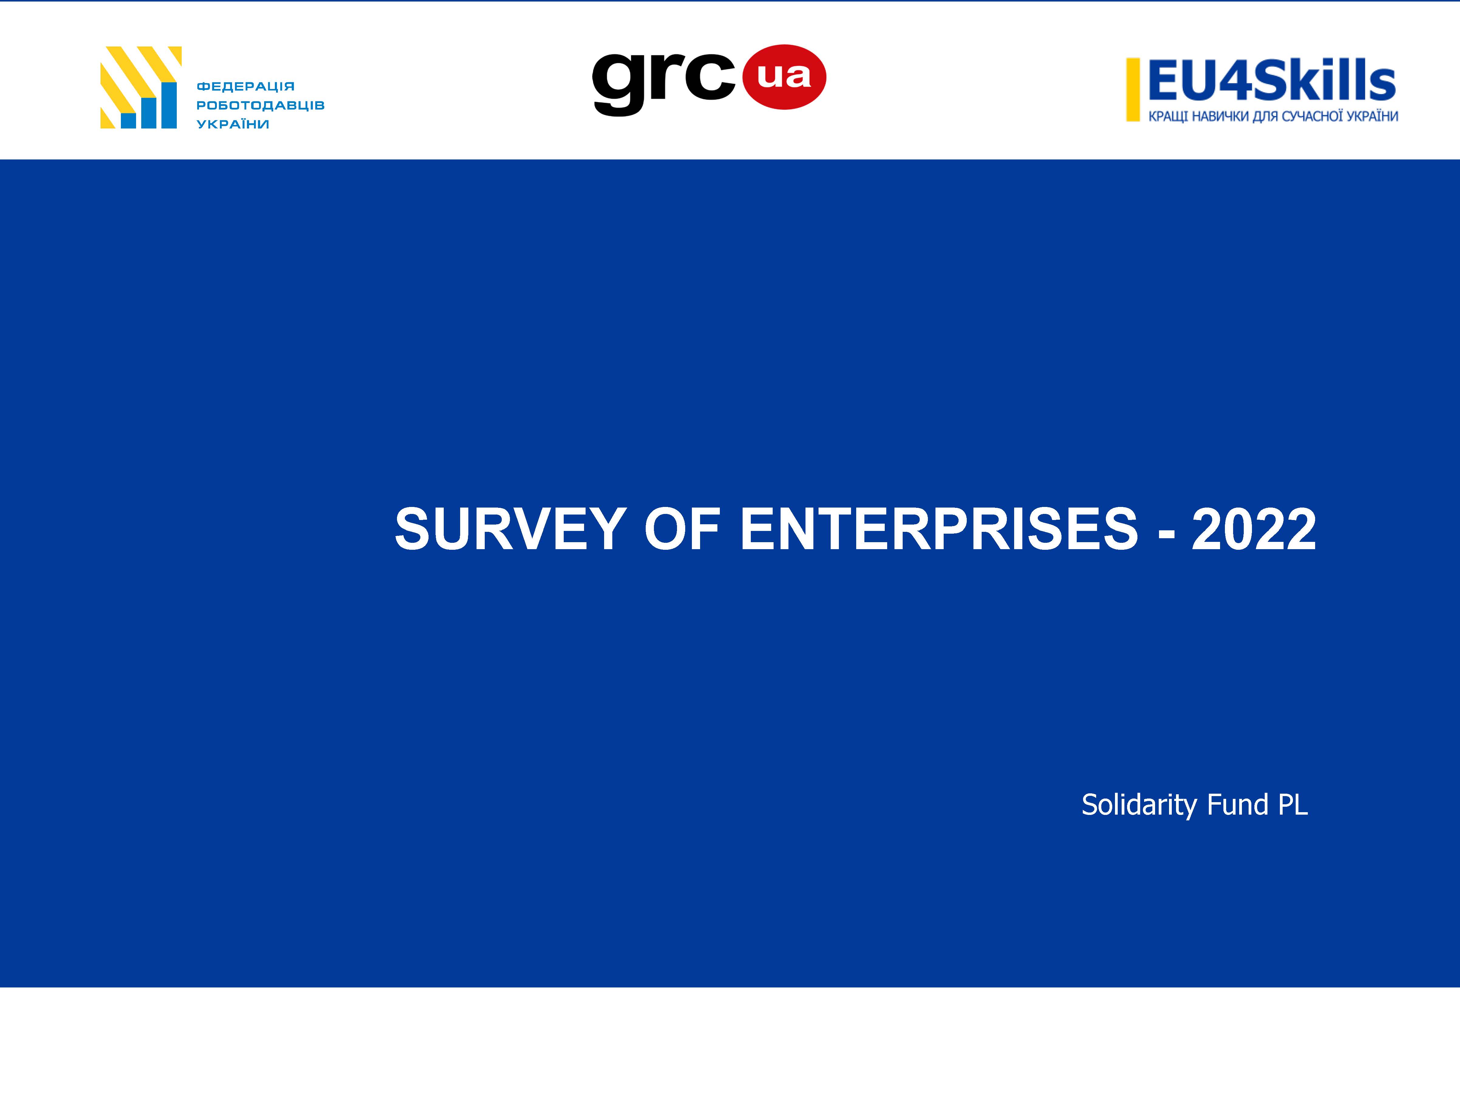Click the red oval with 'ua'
click(x=784, y=77)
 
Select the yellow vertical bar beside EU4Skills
click(x=1133, y=90)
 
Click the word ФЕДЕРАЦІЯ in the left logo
click(x=245, y=87)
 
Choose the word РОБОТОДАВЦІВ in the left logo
click(x=260, y=105)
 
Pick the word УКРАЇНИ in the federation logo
click(x=233, y=124)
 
